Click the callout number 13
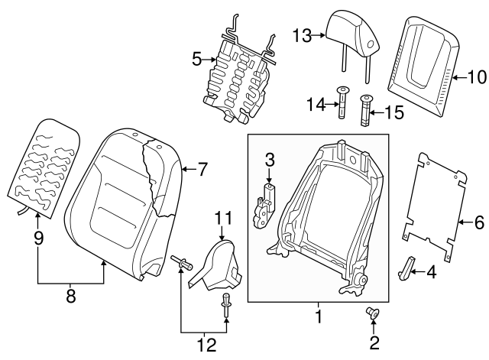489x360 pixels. (303, 34)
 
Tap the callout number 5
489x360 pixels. (196, 57)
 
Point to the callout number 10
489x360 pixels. (475, 76)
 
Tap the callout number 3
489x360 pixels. (269, 160)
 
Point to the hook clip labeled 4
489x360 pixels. (408, 266)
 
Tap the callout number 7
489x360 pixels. (202, 170)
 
